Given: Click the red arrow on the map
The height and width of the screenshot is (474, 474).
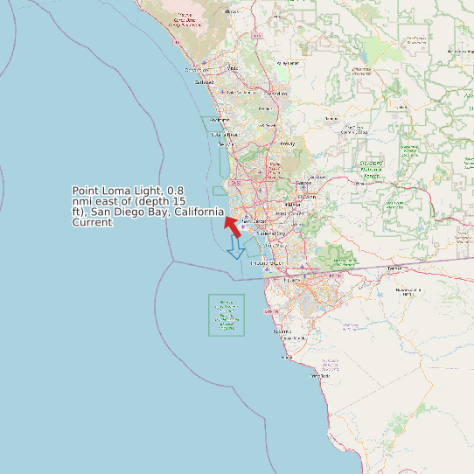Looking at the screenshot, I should tap(233, 227).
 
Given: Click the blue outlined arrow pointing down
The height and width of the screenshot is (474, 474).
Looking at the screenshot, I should tap(236, 247).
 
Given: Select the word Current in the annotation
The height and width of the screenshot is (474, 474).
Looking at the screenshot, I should tap(92, 222).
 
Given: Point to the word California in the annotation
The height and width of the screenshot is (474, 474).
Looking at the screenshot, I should tap(198, 212).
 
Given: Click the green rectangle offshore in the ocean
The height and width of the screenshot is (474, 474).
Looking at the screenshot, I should tap(227, 315).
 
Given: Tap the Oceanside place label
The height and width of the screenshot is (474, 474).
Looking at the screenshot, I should tap(194, 70).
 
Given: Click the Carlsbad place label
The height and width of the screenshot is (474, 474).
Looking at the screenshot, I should tap(204, 83).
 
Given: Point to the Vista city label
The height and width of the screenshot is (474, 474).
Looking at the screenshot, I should tap(232, 67).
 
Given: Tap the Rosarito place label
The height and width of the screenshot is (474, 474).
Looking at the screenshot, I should tap(282, 332).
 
